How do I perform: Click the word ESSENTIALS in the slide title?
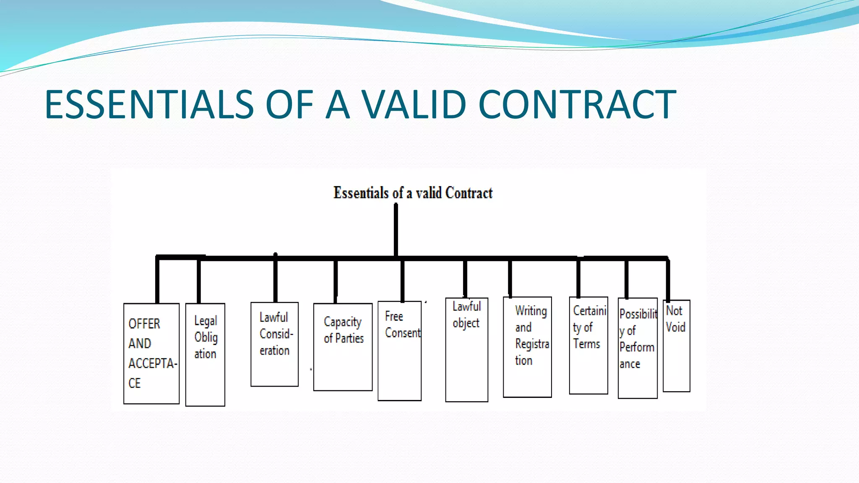[x=149, y=104]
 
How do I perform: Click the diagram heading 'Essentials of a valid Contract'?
[x=413, y=193]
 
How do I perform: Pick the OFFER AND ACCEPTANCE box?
[x=151, y=353]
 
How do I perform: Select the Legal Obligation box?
[x=205, y=355]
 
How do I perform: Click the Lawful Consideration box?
[x=274, y=344]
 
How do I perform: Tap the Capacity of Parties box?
[x=343, y=347]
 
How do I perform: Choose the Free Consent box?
[x=399, y=351]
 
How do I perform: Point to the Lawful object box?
[x=466, y=350]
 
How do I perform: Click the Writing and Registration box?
[x=527, y=347]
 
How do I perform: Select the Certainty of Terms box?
[x=588, y=345]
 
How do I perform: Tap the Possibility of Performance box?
[x=638, y=348]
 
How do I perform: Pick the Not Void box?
[x=676, y=346]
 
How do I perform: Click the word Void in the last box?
[x=675, y=327]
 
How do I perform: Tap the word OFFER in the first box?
[x=144, y=324]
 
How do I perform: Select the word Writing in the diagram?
[x=531, y=311]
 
